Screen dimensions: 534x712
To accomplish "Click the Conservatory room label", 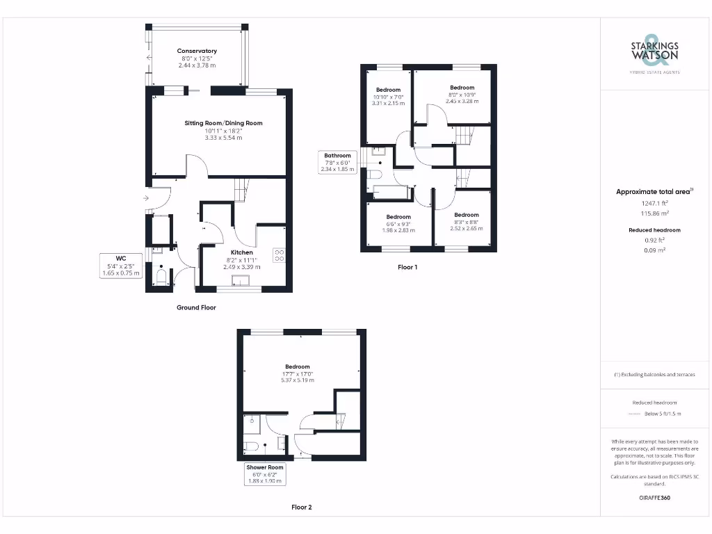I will pyautogui.click(x=197, y=51).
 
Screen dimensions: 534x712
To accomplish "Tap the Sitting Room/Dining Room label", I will pyautogui.click(x=223, y=123).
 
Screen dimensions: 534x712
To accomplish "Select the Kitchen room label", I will pyautogui.click(x=241, y=252).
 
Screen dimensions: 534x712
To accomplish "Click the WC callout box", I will pyautogui.click(x=121, y=265).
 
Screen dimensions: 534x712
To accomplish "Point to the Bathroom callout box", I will pyautogui.click(x=337, y=161).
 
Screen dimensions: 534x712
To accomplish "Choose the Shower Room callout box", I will pyautogui.click(x=265, y=474).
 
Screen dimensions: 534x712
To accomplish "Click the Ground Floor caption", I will pyautogui.click(x=196, y=307).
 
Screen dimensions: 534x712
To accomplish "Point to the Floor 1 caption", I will pyautogui.click(x=407, y=266).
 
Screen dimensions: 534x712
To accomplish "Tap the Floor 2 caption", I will pyautogui.click(x=301, y=507).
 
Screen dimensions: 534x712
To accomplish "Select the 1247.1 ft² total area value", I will pyautogui.click(x=654, y=204).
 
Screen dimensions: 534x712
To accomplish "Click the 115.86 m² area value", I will pyautogui.click(x=654, y=213).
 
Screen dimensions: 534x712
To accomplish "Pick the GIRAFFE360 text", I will pyautogui.click(x=654, y=498).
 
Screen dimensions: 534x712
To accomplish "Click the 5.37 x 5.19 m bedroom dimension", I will pyautogui.click(x=297, y=380).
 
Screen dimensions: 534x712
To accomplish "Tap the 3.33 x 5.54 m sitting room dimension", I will pyautogui.click(x=223, y=138).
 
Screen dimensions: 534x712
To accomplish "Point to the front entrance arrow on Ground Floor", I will pyautogui.click(x=145, y=198).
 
